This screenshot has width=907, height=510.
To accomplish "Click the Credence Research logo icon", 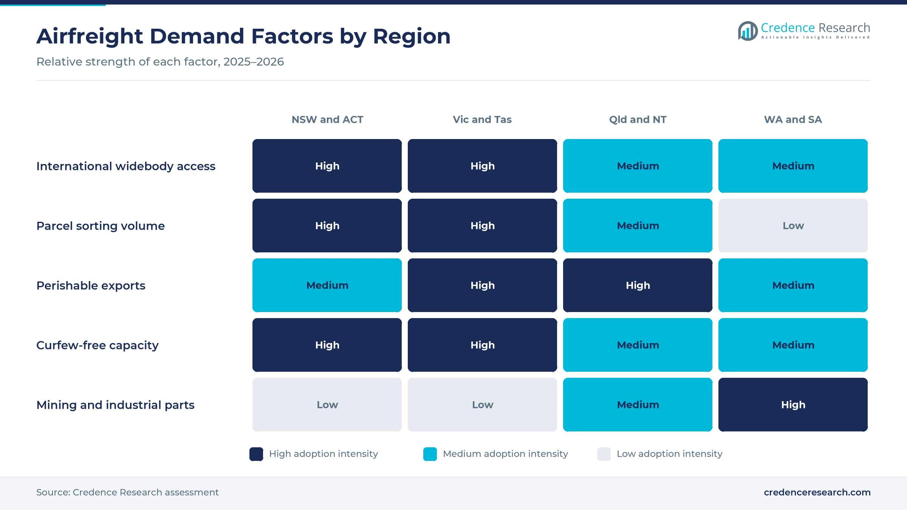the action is click(x=748, y=31).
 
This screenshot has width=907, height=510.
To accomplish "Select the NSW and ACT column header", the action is click(x=327, y=120).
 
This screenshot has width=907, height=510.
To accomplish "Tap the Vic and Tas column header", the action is click(x=482, y=120).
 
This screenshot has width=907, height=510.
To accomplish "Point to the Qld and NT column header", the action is click(x=638, y=120).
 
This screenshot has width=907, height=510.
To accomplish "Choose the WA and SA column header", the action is click(x=793, y=120).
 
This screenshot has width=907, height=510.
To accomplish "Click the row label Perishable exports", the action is click(x=91, y=286).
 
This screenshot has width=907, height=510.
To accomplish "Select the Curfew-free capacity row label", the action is click(x=98, y=345).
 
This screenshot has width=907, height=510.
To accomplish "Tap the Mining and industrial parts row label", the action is click(x=115, y=405).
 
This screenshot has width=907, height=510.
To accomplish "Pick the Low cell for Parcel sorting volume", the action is click(x=793, y=226).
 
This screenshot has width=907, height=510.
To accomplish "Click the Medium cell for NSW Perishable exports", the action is click(x=327, y=285).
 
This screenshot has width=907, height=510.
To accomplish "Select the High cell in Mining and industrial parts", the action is click(x=793, y=405).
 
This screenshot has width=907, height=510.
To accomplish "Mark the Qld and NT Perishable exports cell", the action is click(x=638, y=285).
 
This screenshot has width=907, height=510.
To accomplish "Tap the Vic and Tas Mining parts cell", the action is click(x=482, y=405).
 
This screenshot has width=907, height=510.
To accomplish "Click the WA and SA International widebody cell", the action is click(x=793, y=166).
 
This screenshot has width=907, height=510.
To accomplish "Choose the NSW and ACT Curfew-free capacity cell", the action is click(x=327, y=345).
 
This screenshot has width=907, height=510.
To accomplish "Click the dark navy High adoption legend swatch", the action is click(x=256, y=454).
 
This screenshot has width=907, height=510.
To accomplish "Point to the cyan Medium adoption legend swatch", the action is click(x=430, y=454).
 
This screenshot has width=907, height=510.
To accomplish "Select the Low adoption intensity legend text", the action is click(x=669, y=454).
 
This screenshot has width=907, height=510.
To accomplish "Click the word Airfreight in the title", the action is click(x=90, y=36).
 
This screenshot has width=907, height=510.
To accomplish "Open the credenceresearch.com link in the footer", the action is click(x=817, y=492).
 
